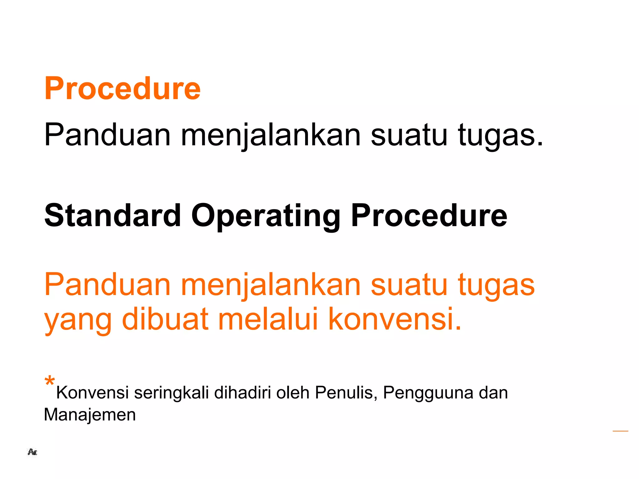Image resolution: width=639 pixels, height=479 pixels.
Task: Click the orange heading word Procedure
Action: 122,89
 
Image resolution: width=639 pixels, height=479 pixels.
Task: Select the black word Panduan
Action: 107,135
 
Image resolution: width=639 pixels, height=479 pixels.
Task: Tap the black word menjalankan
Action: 271,135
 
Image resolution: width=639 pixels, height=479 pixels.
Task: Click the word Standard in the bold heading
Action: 113,215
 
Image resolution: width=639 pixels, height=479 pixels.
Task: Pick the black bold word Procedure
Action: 429,215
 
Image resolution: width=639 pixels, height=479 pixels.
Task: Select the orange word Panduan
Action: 107,284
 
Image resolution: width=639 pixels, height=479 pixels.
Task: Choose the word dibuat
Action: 165,319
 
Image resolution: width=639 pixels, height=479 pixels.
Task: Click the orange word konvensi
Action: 395,319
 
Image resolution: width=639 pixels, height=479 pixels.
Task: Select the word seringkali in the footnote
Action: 171,393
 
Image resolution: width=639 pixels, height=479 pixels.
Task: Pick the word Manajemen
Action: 90,415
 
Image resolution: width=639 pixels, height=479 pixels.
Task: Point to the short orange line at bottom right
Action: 620,431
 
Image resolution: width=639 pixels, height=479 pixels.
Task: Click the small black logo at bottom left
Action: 32,452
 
